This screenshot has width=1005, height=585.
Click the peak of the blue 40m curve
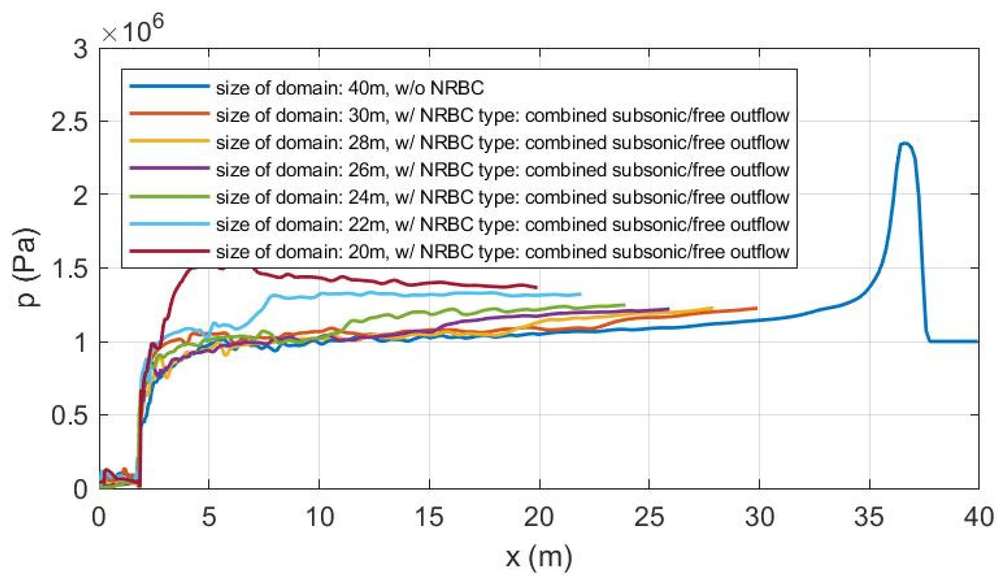(x=904, y=144)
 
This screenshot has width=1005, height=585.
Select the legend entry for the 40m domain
(x=350, y=88)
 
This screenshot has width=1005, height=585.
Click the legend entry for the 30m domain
(x=502, y=116)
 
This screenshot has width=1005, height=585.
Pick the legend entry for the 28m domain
(x=502, y=143)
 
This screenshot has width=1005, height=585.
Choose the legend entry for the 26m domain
(x=502, y=170)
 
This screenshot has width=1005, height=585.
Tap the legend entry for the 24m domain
(x=502, y=197)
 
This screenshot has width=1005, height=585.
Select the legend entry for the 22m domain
(x=502, y=225)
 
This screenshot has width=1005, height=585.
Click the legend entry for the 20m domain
(x=502, y=252)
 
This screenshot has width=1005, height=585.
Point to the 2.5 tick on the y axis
(x=69, y=122)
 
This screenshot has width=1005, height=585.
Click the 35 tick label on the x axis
(x=868, y=517)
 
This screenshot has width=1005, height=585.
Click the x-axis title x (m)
(x=539, y=557)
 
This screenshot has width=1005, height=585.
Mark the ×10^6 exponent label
(x=132, y=30)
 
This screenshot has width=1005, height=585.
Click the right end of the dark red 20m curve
(x=536, y=287)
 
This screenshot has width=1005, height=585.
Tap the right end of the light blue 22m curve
(x=580, y=294)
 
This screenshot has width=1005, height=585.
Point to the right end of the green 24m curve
(x=624, y=305)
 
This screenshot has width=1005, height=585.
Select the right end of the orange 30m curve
(x=756, y=308)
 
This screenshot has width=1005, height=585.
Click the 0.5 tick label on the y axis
(x=69, y=416)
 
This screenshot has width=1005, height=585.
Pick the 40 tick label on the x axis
(x=979, y=517)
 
